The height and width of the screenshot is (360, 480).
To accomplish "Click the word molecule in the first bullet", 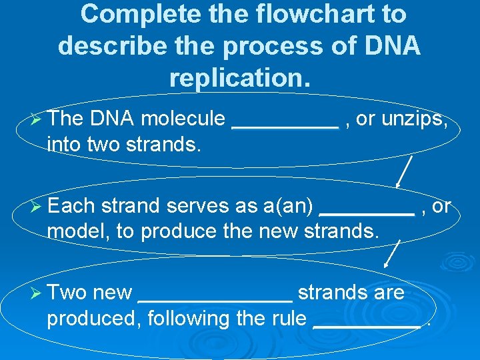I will (x=183, y=119).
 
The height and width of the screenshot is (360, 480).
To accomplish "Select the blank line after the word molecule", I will (x=285, y=125).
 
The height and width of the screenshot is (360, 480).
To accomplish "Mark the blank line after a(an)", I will (x=367, y=213).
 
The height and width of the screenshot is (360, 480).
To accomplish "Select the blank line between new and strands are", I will (x=214, y=299).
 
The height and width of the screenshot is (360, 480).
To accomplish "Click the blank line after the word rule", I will (x=367, y=325).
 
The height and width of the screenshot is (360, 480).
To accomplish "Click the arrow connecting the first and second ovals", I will (x=404, y=171).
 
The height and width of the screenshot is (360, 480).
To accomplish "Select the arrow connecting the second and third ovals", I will (x=393, y=255).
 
